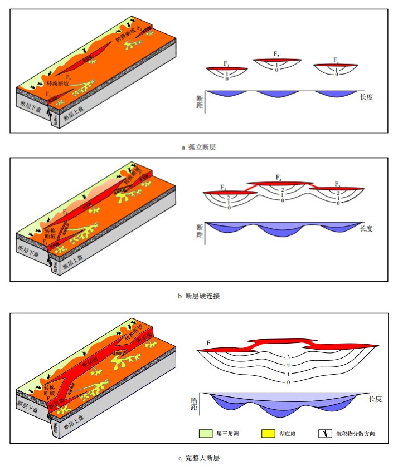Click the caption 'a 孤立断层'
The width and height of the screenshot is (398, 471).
[x=198, y=146]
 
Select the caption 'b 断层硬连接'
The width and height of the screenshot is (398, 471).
[x=198, y=296]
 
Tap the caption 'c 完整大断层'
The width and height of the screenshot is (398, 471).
[x=198, y=458]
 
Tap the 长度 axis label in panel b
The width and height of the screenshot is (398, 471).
[x=366, y=228]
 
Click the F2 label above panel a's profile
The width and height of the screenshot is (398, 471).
[x=276, y=53]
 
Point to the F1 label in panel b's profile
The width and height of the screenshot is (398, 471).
[x=223, y=187]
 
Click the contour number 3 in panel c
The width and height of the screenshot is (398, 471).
[x=287, y=357]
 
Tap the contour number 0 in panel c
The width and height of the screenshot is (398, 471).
[x=287, y=382]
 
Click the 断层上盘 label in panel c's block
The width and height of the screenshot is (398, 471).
[x=76, y=422]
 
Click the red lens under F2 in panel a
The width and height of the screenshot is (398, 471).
[x=276, y=60]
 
